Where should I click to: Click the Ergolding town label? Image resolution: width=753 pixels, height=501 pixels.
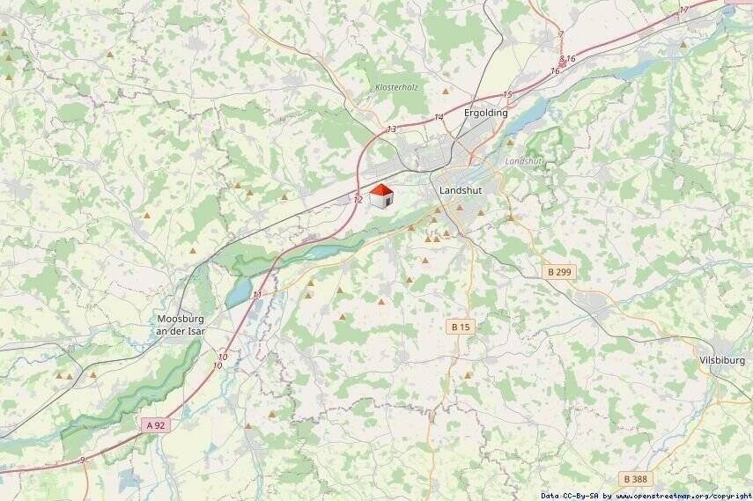click(485, 114)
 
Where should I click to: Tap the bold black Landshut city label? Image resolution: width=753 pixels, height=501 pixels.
click(460, 190)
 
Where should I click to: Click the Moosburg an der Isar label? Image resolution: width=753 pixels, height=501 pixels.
click(184, 325)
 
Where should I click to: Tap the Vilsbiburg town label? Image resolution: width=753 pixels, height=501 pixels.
click(721, 361)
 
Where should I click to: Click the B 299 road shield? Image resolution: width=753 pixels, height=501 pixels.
click(558, 272)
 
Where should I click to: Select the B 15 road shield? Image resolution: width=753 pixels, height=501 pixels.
click(461, 327)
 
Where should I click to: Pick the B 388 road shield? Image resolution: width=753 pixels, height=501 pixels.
click(637, 479)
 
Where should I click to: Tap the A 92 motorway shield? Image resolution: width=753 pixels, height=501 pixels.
click(155, 425)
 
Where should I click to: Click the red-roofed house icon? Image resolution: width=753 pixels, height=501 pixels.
click(380, 196)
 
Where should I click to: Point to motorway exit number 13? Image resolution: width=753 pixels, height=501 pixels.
click(392, 129)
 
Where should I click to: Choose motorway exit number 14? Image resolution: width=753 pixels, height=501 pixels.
click(439, 118)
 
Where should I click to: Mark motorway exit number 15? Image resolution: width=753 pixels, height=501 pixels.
click(507, 94)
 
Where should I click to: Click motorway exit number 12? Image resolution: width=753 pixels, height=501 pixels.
click(358, 201)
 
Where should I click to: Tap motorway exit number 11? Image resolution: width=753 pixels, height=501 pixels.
click(257, 295)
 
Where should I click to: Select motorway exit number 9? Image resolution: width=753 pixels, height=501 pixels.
click(82, 460)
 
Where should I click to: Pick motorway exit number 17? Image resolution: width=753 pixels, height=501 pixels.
click(684, 11)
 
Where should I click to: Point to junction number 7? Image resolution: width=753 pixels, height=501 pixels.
click(561, 35)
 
